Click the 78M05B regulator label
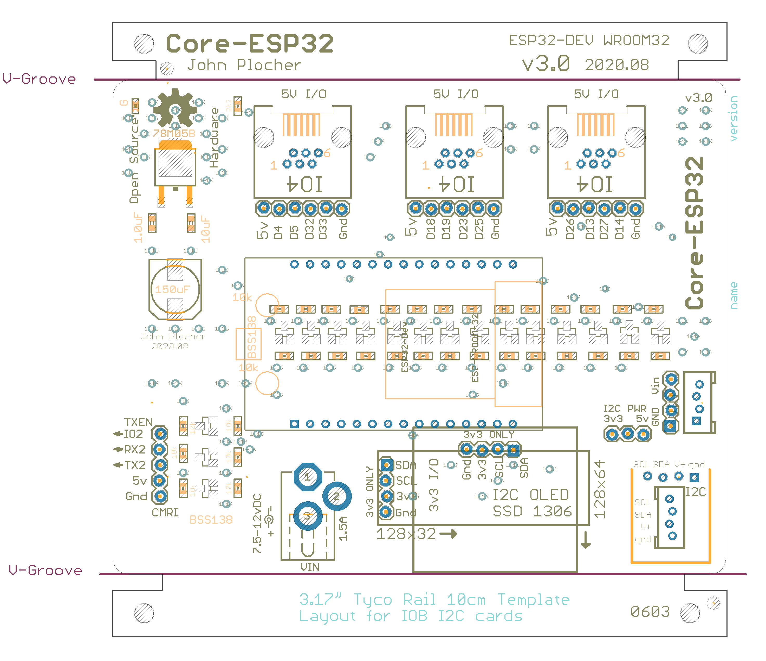click(x=174, y=133)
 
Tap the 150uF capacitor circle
click(x=175, y=289)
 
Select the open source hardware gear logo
click(x=175, y=109)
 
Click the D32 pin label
click(x=309, y=229)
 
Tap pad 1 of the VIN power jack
click(x=307, y=477)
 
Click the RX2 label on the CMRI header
click(x=135, y=450)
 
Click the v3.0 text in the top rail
click(x=546, y=64)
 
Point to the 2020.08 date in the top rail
click(x=617, y=65)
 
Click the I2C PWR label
click(x=625, y=408)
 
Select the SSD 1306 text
click(x=532, y=511)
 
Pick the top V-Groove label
click(x=39, y=79)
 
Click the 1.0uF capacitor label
click(x=138, y=227)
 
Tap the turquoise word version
click(x=734, y=118)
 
